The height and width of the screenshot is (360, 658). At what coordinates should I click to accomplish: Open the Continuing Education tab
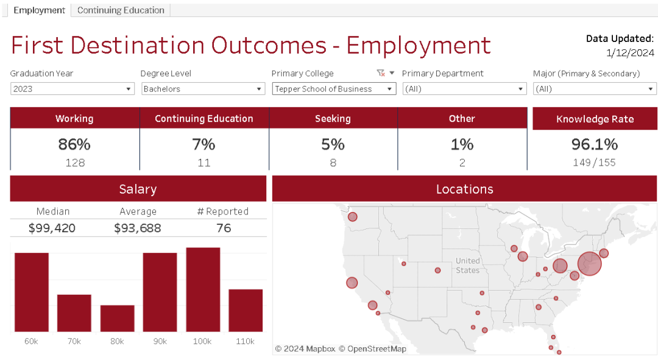121,10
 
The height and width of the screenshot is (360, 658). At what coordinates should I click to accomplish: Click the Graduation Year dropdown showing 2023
72,89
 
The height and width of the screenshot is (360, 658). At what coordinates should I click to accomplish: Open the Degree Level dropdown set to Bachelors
203,89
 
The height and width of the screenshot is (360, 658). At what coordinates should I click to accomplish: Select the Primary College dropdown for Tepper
334,89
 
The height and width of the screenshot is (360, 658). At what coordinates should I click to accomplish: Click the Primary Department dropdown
464,89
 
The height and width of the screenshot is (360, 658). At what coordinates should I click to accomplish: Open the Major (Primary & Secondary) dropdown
595,89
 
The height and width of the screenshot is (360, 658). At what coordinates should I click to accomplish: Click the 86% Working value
74,144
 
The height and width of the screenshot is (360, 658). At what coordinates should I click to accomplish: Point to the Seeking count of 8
333,163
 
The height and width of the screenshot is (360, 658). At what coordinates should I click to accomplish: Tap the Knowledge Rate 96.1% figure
595,144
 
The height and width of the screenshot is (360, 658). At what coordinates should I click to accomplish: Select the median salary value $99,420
53,228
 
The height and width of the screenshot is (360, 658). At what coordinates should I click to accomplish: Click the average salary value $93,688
138,228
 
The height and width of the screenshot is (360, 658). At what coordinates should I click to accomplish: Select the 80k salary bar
117,318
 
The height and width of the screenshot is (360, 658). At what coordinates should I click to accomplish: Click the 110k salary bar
246,310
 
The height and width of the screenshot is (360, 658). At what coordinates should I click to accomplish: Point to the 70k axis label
74,341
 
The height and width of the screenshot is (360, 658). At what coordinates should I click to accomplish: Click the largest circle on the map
589,264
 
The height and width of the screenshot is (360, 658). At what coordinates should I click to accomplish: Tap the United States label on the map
468,266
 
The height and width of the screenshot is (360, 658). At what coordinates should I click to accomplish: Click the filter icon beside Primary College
381,73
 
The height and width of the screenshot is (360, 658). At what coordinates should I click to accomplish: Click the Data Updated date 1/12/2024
630,52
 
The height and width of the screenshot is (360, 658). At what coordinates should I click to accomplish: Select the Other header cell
462,119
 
